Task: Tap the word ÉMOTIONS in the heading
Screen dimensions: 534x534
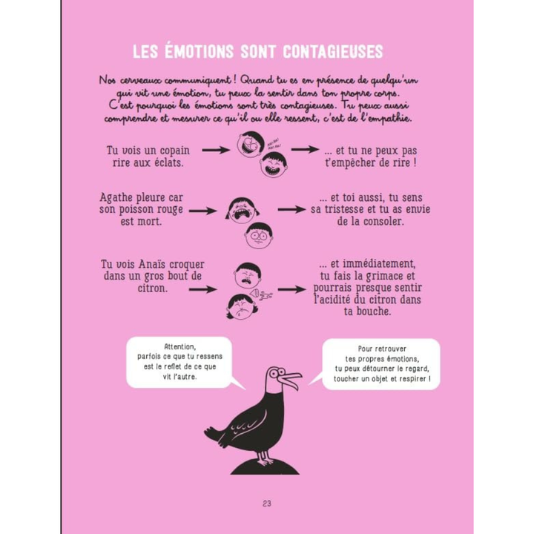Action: (203, 53)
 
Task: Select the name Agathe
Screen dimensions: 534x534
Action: (120, 200)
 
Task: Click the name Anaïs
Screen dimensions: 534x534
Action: (165, 265)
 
